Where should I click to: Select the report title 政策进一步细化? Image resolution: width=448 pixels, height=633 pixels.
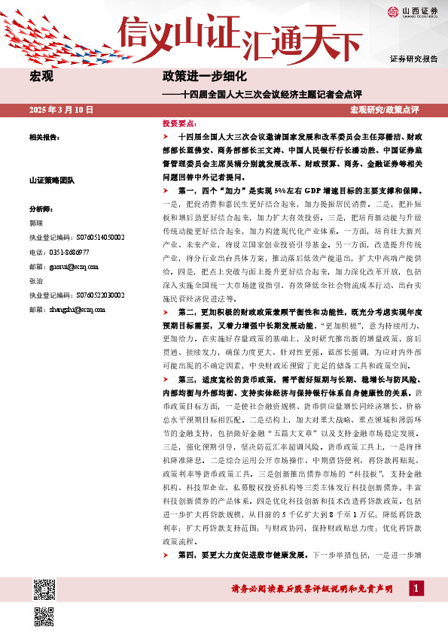pyautogui.click(x=205, y=77)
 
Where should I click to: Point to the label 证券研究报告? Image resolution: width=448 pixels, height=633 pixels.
pyautogui.click(x=413, y=58)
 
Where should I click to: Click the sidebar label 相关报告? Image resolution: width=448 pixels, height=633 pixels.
pyautogui.click(x=44, y=138)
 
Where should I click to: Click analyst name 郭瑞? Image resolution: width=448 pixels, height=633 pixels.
pyautogui.click(x=35, y=223)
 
